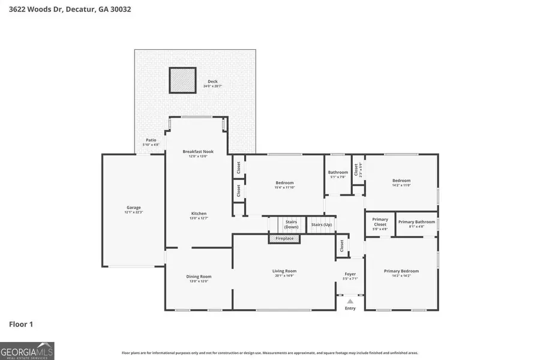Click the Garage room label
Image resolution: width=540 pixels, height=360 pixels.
133,208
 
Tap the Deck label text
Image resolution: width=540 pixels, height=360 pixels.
212,82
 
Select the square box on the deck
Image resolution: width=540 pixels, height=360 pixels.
182,80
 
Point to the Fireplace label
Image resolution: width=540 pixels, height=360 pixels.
284,239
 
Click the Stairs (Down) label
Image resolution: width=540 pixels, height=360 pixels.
291,224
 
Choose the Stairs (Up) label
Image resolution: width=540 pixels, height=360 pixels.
321,224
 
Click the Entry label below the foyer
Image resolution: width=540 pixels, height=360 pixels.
350,308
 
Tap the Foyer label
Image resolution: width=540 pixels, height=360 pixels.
350,274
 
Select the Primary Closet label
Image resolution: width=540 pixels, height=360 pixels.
380,222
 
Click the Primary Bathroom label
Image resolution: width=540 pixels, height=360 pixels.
416,222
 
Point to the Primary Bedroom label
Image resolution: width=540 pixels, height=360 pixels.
401,271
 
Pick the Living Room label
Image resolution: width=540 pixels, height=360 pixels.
284,271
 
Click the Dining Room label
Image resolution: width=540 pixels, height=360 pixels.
199,277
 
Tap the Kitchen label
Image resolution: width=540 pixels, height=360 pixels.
199,214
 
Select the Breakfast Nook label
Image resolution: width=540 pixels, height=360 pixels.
198,152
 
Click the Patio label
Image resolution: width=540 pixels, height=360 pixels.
151,140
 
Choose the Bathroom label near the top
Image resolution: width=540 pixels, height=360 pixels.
338,173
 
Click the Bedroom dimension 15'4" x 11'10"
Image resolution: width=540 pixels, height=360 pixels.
284,187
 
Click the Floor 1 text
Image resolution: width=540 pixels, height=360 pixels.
21,325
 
